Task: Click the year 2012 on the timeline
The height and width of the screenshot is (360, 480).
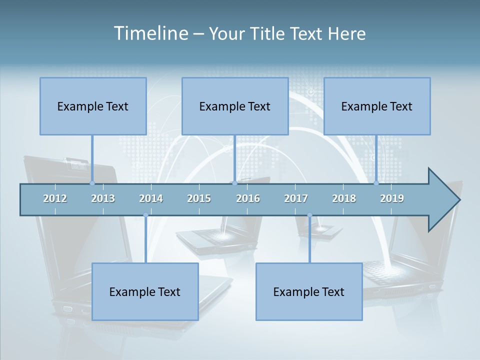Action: pos(55,198)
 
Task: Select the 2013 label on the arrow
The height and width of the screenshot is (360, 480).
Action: pos(103,198)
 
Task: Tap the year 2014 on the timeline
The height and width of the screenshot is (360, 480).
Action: pos(151,198)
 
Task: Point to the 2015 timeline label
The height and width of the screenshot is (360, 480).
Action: pos(199,198)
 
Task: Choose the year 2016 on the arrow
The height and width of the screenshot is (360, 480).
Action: pos(248,198)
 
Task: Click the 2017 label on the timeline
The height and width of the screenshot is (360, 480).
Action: pos(296,198)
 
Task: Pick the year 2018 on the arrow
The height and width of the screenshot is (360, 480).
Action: pos(344,198)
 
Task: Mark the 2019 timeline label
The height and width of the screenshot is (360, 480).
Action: pos(392,198)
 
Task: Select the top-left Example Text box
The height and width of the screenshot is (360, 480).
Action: pos(93,106)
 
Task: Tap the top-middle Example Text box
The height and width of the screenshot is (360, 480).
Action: pos(235,106)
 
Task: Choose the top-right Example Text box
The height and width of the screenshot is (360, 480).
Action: pos(377,106)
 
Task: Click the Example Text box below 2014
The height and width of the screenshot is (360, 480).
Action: pos(145,291)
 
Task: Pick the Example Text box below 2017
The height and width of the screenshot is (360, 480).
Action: pos(309,291)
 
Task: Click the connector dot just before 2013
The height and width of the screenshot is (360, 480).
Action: pos(92,183)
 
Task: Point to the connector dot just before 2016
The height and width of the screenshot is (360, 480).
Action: pos(235,183)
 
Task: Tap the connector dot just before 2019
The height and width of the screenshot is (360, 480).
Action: pos(376,183)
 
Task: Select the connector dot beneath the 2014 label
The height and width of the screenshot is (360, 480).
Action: pos(145,215)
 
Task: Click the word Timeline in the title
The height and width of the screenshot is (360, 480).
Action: pos(150,33)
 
